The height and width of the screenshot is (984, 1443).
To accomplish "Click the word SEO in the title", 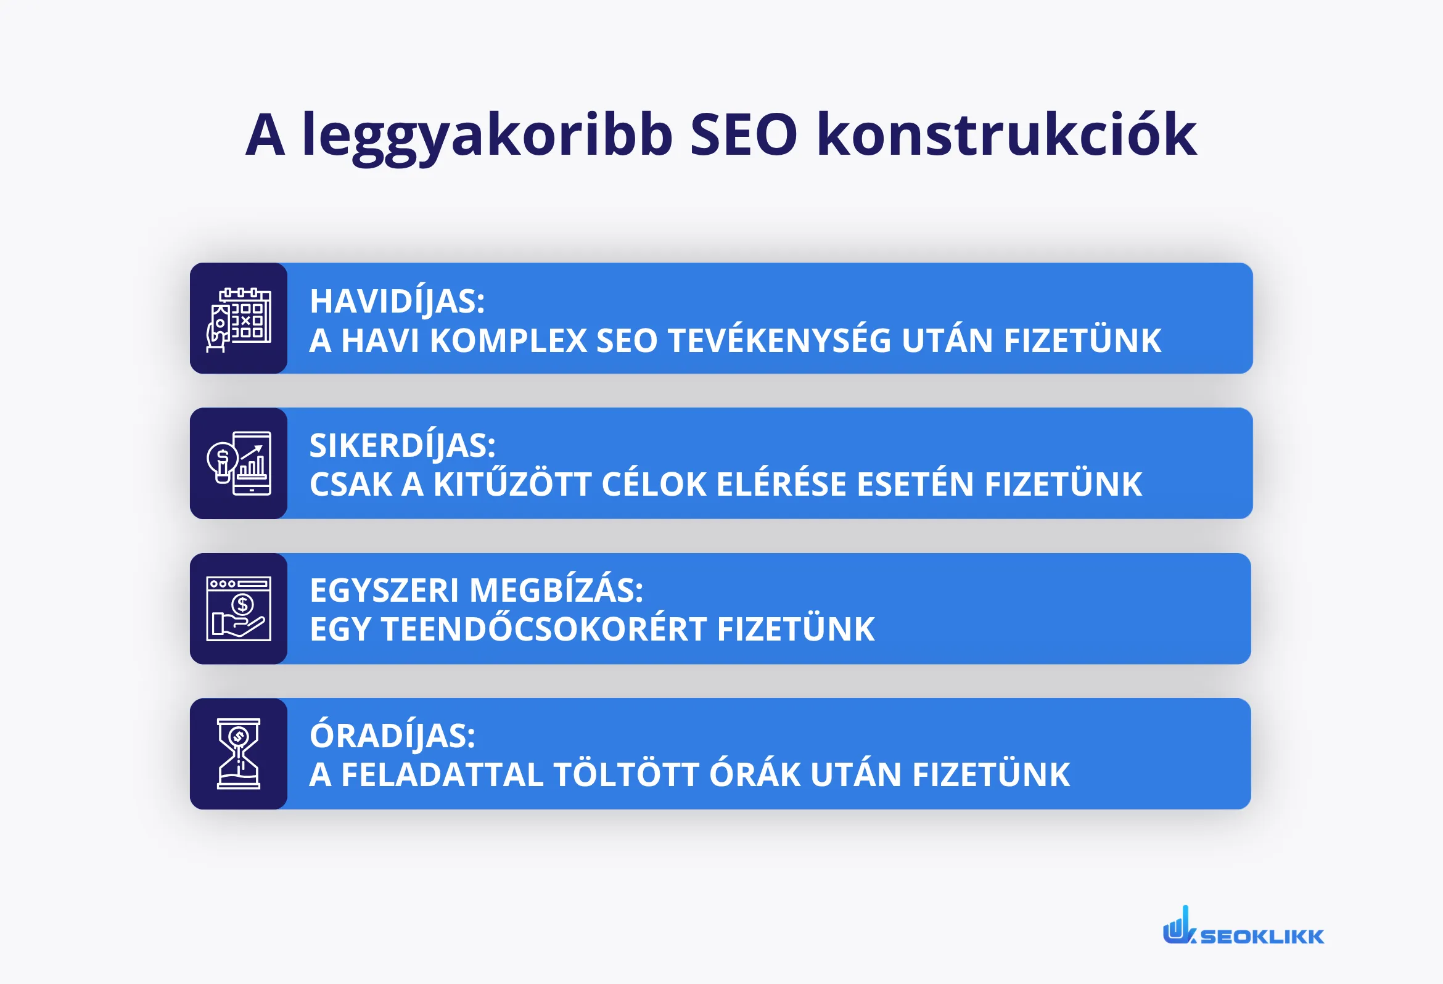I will pyautogui.click(x=743, y=135).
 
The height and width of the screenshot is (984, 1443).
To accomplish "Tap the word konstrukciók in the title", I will pyautogui.click(x=1006, y=135).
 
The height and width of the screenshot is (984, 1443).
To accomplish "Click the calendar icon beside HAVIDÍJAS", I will pyautogui.click(x=239, y=319).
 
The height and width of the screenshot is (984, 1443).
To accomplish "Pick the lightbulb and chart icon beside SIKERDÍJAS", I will pyautogui.click(x=239, y=463).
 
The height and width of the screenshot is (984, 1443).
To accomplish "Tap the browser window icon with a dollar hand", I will pyautogui.click(x=239, y=609).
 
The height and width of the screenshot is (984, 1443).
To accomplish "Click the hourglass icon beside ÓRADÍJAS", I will pyautogui.click(x=239, y=753).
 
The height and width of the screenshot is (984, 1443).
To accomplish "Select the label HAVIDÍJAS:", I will pyautogui.click(x=397, y=301).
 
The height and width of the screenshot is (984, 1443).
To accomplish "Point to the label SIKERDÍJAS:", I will pyautogui.click(x=402, y=446).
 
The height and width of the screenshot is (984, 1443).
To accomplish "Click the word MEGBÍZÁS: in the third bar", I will pyautogui.click(x=556, y=590).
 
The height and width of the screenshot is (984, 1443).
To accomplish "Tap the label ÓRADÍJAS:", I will pyautogui.click(x=392, y=736).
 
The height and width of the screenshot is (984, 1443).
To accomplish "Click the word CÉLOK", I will pyautogui.click(x=654, y=485).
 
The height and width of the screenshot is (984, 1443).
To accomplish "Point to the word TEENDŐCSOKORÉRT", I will pyautogui.click(x=544, y=629).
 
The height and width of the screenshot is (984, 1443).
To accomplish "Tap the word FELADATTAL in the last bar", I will pyautogui.click(x=442, y=775).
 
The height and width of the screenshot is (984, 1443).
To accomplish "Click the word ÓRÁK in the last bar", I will pyautogui.click(x=754, y=775).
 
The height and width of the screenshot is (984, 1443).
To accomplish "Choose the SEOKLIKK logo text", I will pyautogui.click(x=1262, y=936).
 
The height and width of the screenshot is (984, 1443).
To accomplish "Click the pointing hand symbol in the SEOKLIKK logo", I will pyautogui.click(x=1177, y=926).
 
